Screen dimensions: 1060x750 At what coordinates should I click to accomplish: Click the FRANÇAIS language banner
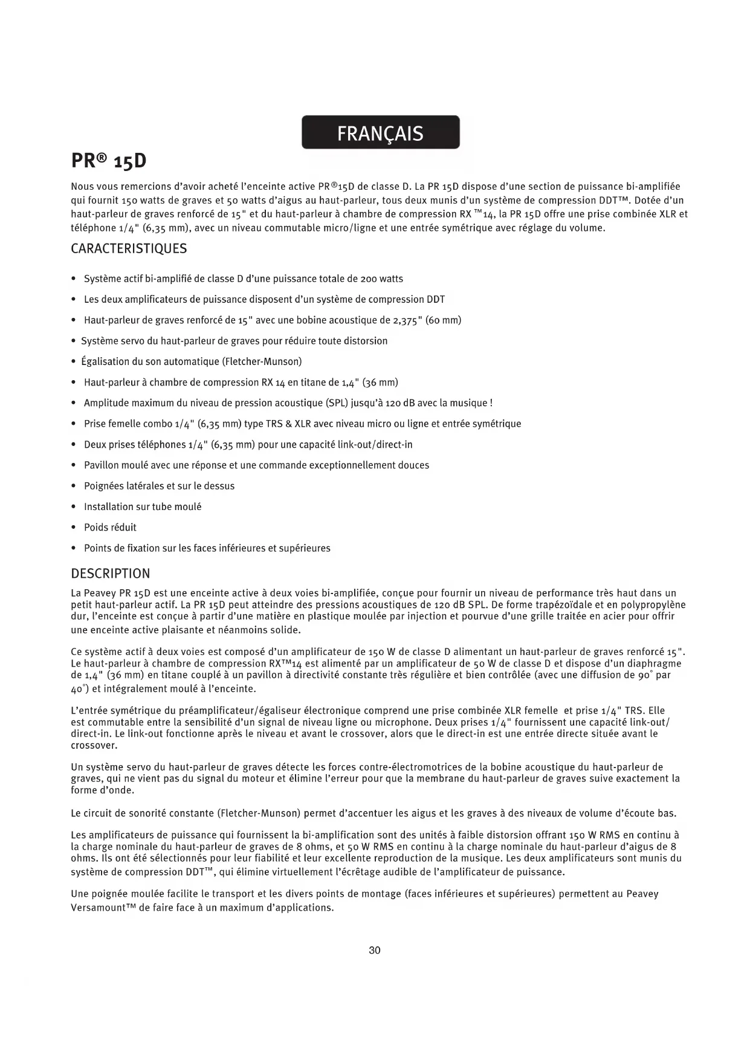(x=380, y=132)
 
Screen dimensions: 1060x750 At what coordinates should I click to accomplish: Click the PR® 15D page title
(x=109, y=161)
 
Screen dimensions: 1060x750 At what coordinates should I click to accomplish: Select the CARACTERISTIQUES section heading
(x=129, y=248)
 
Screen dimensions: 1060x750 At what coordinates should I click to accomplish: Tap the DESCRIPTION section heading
(x=110, y=574)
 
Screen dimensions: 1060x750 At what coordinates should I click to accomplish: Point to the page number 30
(x=375, y=951)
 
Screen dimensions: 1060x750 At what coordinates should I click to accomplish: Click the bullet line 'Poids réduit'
(x=110, y=528)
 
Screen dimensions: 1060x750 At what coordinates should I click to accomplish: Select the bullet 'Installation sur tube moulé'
(x=143, y=507)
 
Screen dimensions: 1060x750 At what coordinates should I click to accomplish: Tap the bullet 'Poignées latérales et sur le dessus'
(x=159, y=486)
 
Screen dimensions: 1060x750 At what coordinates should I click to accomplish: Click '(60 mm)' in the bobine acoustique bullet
(x=444, y=320)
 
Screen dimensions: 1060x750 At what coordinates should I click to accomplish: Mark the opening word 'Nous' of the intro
(x=82, y=187)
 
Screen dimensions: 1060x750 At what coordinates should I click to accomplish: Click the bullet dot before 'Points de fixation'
(x=73, y=549)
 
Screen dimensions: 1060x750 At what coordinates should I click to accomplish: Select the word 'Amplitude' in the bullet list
(x=106, y=403)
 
